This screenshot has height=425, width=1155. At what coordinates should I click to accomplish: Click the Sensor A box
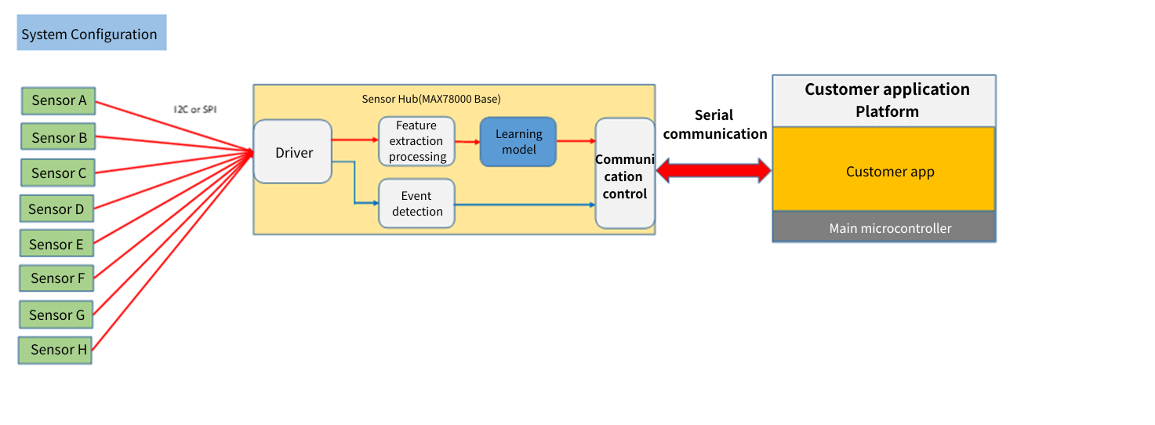pyautogui.click(x=59, y=100)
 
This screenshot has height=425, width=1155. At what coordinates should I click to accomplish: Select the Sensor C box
pyautogui.click(x=59, y=173)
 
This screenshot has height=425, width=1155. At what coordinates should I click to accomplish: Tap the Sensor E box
pyautogui.click(x=56, y=245)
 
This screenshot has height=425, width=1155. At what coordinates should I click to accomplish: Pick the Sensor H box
pyautogui.click(x=54, y=350)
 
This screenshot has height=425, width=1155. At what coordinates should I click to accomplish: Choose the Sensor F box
pyautogui.click(x=57, y=278)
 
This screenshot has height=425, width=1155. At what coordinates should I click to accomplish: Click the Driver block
pyautogui.click(x=293, y=152)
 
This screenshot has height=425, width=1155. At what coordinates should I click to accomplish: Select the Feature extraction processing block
pyautogui.click(x=416, y=141)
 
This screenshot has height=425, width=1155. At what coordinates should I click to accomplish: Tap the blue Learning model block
pyautogui.click(x=518, y=142)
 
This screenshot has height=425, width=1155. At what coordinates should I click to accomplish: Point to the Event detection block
pyautogui.click(x=416, y=204)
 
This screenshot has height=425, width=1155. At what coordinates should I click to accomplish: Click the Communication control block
pyautogui.click(x=625, y=174)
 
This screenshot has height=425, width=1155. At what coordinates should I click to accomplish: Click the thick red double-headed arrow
pyautogui.click(x=714, y=170)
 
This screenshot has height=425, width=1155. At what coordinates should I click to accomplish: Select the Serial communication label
pyautogui.click(x=714, y=125)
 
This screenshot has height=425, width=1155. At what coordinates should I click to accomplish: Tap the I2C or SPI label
pyautogui.click(x=194, y=110)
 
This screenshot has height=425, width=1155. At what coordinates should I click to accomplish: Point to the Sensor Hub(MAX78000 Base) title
pyautogui.click(x=431, y=99)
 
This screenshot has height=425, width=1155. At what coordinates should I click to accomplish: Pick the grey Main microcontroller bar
pyautogui.click(x=884, y=228)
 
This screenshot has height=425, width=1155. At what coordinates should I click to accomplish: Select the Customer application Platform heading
pyautogui.click(x=887, y=100)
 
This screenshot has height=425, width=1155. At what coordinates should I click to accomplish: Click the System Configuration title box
pyautogui.click(x=91, y=34)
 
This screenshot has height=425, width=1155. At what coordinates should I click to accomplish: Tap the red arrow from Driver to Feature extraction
pyautogui.click(x=354, y=140)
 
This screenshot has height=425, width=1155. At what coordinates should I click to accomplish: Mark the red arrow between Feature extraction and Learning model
pyautogui.click(x=467, y=142)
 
